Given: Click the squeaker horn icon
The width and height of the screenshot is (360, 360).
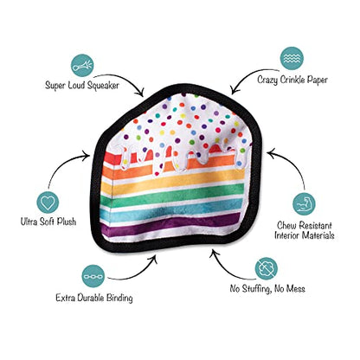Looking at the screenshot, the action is (x=82, y=65).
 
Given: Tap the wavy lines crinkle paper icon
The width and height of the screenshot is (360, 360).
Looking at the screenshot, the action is (x=292, y=59).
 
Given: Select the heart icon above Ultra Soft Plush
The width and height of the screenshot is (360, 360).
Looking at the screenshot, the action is (x=48, y=202).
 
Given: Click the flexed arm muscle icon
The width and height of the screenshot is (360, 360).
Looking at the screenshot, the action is (x=304, y=204).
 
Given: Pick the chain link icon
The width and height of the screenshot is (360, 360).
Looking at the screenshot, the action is (x=93, y=276).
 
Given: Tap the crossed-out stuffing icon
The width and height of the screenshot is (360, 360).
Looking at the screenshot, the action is (x=267, y=269).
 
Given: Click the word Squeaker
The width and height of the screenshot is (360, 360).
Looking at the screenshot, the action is (x=103, y=86).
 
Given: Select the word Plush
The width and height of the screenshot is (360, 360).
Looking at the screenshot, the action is (x=67, y=222).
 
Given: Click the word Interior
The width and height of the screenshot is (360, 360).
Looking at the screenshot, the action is (x=287, y=235).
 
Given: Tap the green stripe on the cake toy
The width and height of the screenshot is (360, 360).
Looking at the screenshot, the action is (x=173, y=196).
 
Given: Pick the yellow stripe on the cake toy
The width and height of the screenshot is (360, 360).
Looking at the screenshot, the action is (x=173, y=183).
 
